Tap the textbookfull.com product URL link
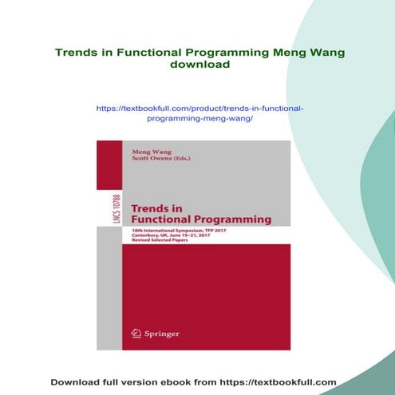click(x=199, y=113)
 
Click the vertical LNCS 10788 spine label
click(x=109, y=209)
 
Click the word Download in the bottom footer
click(x=77, y=382)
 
